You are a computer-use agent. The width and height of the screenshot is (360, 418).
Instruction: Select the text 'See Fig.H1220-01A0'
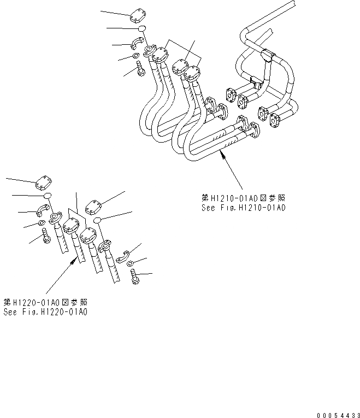coord(45,312)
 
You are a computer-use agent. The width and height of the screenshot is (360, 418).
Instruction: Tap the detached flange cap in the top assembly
coord(138,17)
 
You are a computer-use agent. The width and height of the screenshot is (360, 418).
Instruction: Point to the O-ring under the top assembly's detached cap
coord(141,29)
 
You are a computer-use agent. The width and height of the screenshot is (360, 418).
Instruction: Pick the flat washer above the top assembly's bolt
coord(135,56)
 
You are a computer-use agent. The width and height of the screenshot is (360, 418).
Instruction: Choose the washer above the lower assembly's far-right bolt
coord(132,264)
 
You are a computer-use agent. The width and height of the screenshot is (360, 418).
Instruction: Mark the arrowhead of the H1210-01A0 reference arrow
coord(221,156)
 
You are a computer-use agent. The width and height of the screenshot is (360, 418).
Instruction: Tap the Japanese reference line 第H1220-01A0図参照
coord(45,302)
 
